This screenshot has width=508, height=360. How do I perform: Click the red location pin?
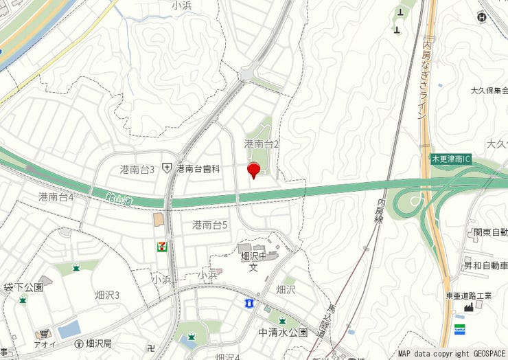point(253,169)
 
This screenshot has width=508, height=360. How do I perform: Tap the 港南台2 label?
point(262,144)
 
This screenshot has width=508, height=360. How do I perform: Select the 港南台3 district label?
point(137,169)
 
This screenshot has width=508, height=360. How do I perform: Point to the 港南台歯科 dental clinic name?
point(198,168)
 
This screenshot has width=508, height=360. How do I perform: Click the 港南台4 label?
point(56,197)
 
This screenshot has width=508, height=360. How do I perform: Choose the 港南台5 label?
point(210,225)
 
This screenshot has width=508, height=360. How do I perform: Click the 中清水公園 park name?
point(283,333)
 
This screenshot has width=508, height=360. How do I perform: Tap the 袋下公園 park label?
point(23,286)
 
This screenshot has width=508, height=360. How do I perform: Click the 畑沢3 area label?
point(107,295)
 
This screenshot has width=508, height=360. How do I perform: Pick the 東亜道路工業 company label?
point(469,296)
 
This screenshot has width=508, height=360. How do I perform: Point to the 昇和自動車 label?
point(485,265)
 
